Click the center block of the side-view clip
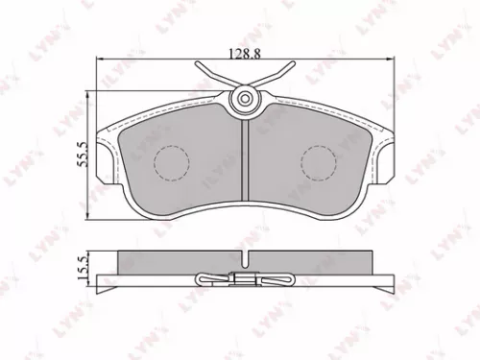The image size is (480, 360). point(246,280)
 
